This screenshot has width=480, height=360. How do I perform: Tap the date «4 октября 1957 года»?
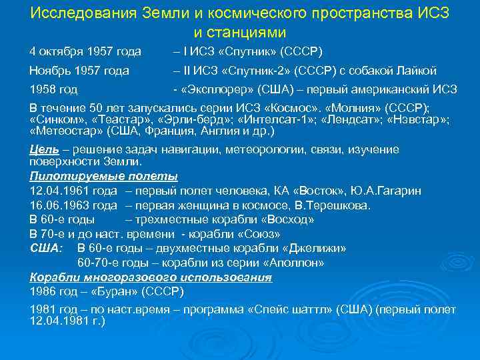pos(85,51)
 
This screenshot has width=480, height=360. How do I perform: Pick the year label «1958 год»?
pos(54,89)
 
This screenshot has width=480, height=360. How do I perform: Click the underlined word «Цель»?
pos(43,149)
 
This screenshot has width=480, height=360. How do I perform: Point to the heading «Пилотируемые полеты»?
pos(104,177)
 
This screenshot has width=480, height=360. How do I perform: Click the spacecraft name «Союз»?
pos(257,234)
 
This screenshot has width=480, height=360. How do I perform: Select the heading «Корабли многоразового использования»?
pos(151,277)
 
